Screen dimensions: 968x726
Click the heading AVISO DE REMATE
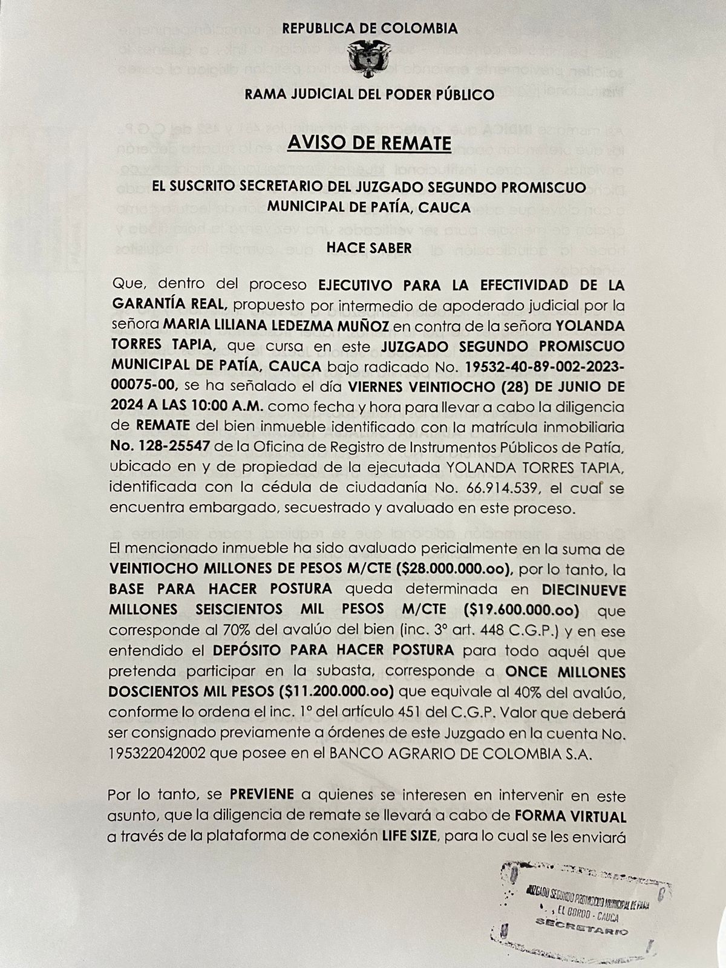click(369, 143)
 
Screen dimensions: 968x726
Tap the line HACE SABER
click(369, 247)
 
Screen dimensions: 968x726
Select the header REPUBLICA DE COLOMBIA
click(370, 28)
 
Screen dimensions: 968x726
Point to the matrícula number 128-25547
click(160, 446)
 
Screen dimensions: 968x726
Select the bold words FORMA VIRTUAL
click(570, 816)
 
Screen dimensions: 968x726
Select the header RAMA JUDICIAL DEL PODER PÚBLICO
click(369, 94)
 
